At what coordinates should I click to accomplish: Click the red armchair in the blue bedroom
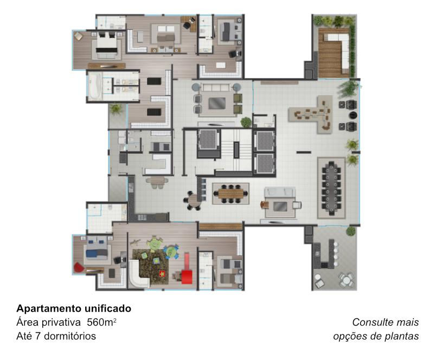[79, 268]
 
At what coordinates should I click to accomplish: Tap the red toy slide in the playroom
[187, 269]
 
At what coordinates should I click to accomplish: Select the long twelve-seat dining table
[331, 187]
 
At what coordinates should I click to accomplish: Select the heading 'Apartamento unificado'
[74, 308]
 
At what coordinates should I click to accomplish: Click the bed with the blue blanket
[97, 249]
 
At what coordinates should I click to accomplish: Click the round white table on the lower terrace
[346, 281]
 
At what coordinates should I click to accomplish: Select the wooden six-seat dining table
[231, 193]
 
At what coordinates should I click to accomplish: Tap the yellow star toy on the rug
[162, 274]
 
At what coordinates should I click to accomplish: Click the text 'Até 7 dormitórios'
[56, 336]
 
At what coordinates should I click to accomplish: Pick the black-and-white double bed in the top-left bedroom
[106, 44]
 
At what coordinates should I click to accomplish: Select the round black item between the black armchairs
[353, 115]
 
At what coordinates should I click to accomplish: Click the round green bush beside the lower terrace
[351, 231]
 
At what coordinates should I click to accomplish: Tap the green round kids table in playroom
[153, 244]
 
